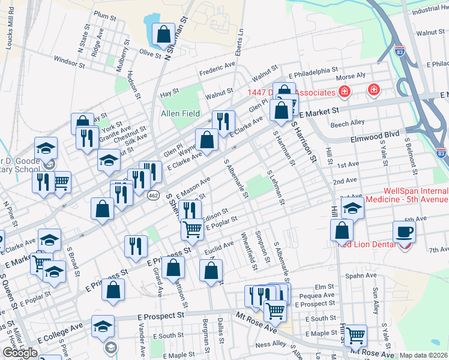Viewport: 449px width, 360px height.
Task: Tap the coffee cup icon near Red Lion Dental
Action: pyautogui.click(x=404, y=232)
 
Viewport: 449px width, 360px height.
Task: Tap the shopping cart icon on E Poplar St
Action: pyautogui.click(x=192, y=229)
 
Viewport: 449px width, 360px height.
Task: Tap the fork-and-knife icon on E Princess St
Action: pyautogui.click(x=136, y=245)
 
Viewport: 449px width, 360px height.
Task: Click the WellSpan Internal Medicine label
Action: pyautogui.click(x=415, y=195)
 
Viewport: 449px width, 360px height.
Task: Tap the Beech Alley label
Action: pyautogui.click(x=348, y=123)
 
